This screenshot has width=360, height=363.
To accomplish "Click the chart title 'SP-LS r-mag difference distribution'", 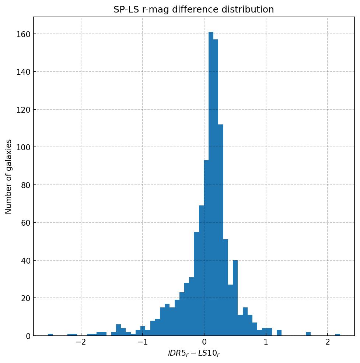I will [193, 10].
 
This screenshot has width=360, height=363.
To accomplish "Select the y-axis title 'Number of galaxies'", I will [9, 176].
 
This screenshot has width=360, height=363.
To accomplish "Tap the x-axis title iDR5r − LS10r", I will [194, 353].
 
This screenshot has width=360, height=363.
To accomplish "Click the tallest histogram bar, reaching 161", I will [211, 184].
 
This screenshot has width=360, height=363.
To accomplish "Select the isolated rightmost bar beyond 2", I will [338, 335].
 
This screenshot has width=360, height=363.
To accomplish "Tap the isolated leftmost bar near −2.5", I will [50, 335].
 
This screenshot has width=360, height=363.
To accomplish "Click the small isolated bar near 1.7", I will [308, 334].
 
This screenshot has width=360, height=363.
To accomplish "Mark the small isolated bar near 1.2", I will [279, 333].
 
